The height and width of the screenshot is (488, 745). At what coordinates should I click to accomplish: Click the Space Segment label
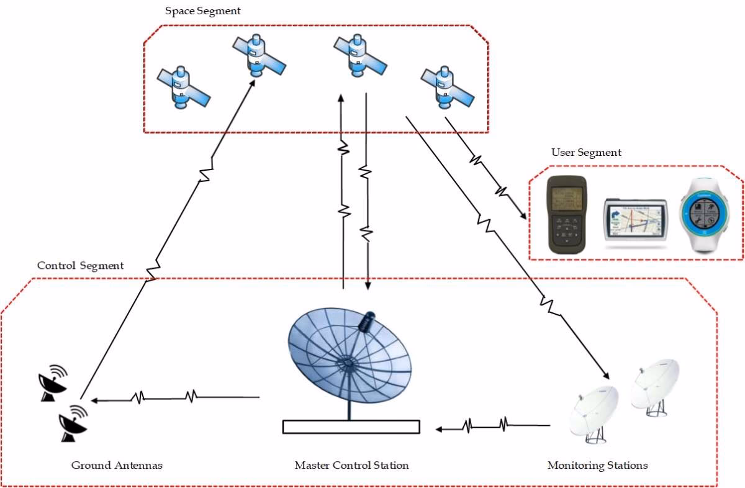pyautogui.click(x=202, y=11)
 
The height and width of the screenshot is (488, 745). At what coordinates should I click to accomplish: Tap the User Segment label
pyautogui.click(x=586, y=152)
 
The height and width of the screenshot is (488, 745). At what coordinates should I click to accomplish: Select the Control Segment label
pyautogui.click(x=80, y=266)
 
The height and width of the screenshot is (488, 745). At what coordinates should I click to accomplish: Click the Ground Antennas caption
pyautogui.click(x=117, y=465)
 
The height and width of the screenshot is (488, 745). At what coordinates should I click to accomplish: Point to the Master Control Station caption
pyautogui.click(x=351, y=465)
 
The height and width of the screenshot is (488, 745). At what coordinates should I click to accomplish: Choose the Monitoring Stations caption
pyautogui.click(x=597, y=465)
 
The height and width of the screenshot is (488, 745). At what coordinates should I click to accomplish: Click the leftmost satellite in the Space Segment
pyautogui.click(x=183, y=86)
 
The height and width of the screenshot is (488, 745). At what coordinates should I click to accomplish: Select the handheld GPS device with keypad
pyautogui.click(x=566, y=214)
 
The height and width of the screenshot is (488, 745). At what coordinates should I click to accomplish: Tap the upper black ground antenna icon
pyautogui.click(x=53, y=381)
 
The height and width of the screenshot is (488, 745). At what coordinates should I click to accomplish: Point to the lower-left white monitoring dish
pyautogui.click(x=594, y=411)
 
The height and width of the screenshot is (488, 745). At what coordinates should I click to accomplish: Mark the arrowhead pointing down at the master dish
pyautogui.click(x=368, y=287)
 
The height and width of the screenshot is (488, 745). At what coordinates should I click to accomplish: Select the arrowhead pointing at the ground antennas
pyautogui.click(x=93, y=400)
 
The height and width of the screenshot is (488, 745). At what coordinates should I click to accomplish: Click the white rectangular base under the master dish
pyautogui.click(x=351, y=427)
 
